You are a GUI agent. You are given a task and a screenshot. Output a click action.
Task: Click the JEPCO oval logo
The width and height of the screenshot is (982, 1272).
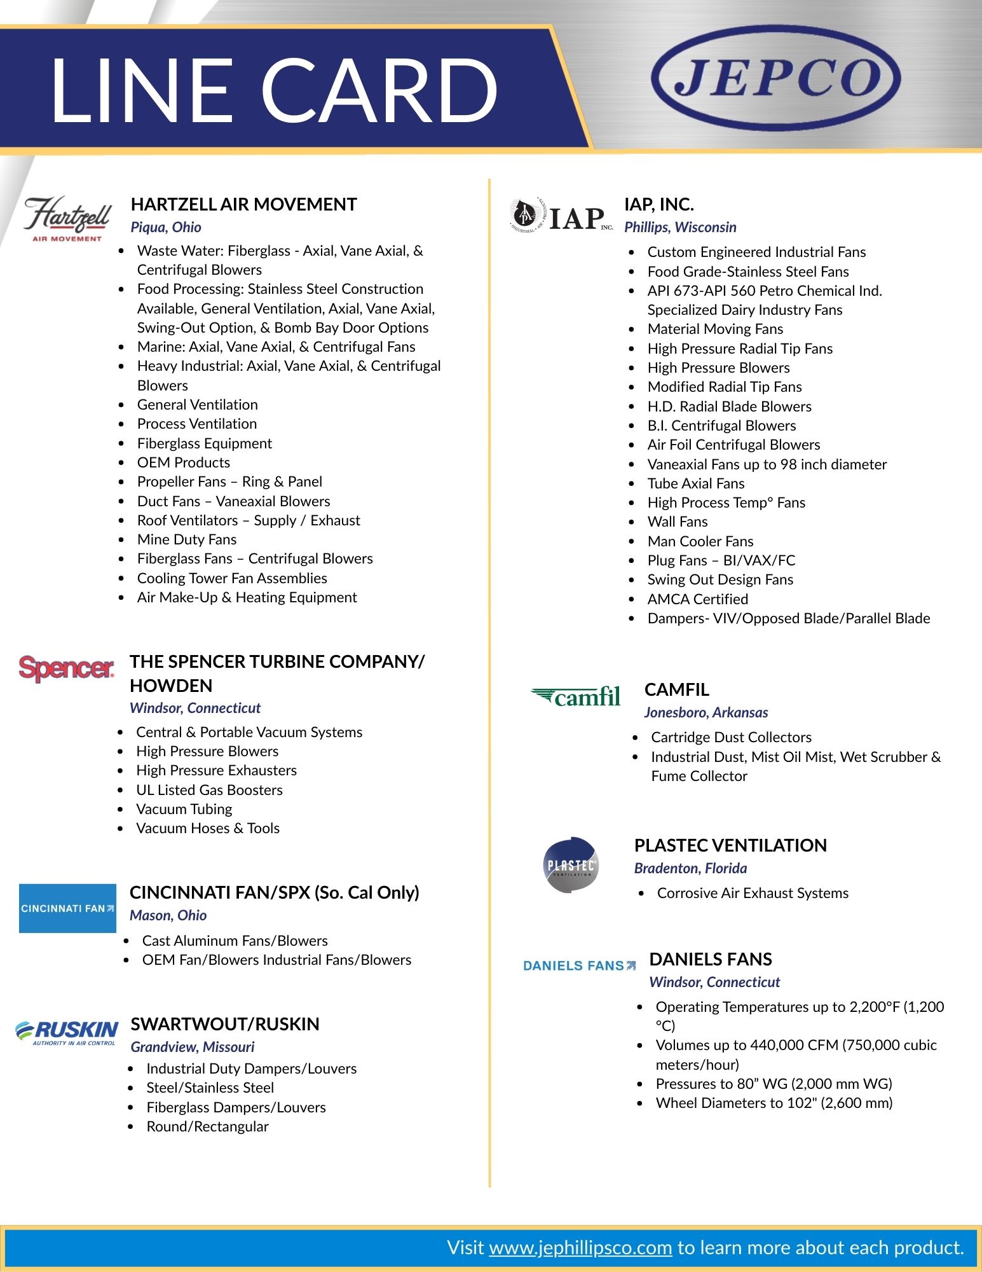coord(776,78)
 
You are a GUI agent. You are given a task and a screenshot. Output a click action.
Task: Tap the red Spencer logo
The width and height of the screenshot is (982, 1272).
coord(67,668)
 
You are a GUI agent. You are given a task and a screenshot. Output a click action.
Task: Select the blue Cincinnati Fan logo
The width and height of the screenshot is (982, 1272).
coord(67,908)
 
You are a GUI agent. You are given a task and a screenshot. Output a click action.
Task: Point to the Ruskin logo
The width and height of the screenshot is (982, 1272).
coord(67,1032)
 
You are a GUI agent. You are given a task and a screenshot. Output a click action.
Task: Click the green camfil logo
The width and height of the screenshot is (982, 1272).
coord(576,696)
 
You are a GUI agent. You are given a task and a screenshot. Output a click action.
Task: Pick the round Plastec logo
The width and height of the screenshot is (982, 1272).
coord(571,865)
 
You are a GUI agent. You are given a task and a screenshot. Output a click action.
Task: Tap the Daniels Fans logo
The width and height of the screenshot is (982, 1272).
coord(579,965)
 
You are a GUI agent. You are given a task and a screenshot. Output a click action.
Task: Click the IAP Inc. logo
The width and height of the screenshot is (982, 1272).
coord(562,216)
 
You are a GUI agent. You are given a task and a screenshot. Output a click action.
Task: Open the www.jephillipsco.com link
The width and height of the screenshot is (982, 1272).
coord(580,1248)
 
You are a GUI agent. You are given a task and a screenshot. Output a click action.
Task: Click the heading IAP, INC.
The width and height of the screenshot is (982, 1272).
coord(658,204)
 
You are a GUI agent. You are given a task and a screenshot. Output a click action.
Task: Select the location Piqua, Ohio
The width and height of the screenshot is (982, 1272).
coord(166,227)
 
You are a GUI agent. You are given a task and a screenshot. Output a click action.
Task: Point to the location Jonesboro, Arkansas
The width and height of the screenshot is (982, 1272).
coord(706,712)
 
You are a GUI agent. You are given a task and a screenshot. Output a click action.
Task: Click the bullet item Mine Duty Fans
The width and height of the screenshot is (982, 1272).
coord(187,539)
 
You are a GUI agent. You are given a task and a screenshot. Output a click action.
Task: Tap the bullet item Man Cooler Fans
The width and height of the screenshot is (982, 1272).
coord(700,541)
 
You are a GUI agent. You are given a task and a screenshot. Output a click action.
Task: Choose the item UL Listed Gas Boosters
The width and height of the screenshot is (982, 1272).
coord(209,790)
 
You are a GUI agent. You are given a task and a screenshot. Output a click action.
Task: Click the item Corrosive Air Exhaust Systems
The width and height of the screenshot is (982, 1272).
coord(753,893)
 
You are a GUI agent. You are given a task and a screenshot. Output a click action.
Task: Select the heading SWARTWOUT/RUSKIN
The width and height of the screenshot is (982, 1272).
coord(225,1024)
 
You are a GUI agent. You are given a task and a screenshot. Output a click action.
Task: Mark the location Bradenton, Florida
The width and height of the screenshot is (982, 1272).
coord(690,868)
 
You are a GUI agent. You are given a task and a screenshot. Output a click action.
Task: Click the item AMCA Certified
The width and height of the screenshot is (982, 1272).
coord(698,599)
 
